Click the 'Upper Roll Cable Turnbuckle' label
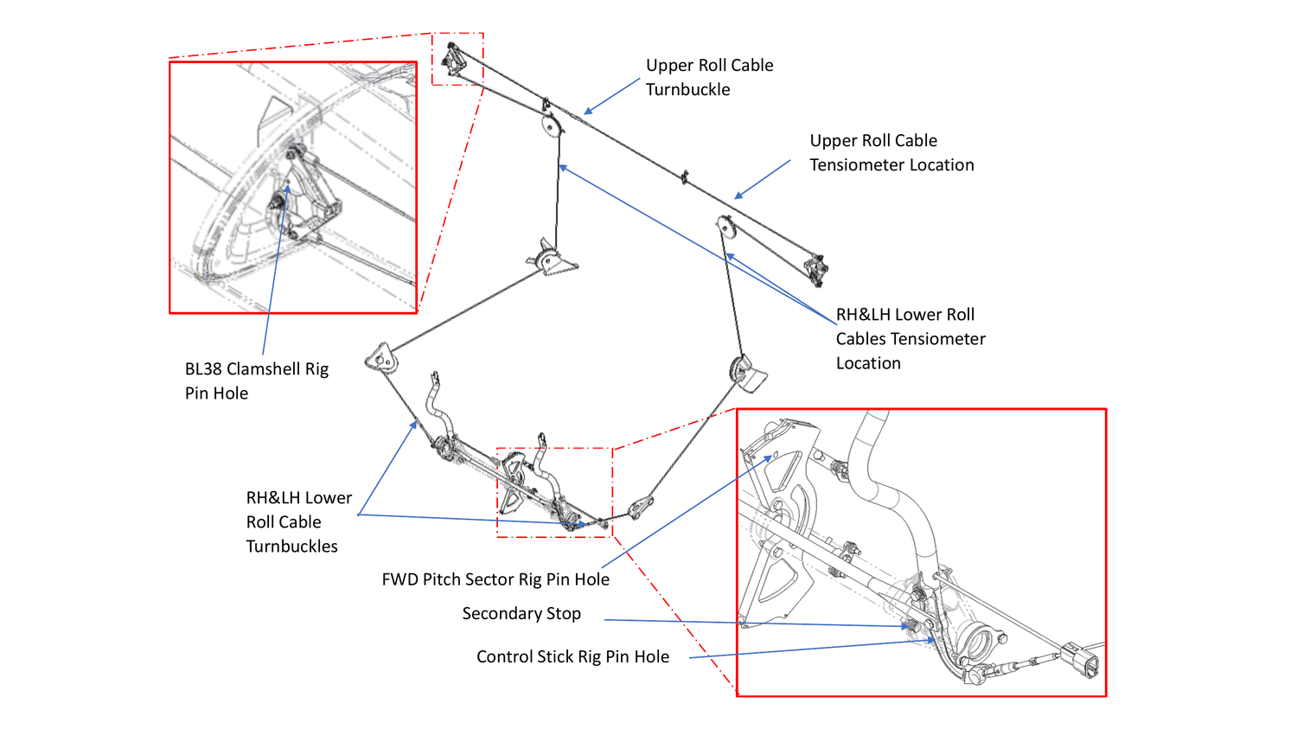(709, 77)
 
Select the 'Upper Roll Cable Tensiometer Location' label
(891, 152)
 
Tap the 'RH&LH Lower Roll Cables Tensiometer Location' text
(910, 338)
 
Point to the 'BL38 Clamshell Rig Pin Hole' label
(256, 380)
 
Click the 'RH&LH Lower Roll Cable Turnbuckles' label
(298, 521)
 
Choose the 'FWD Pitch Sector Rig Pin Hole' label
(495, 579)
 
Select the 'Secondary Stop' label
(521, 613)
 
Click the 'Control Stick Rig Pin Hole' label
(572, 656)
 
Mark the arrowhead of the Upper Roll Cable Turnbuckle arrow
(586, 112)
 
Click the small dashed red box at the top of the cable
(457, 59)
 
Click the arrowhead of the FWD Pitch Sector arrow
(769, 457)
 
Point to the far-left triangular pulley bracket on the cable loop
(380, 356)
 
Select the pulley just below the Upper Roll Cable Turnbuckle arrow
(551, 126)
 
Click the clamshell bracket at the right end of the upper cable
(815, 269)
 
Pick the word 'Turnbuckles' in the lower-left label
(291, 546)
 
